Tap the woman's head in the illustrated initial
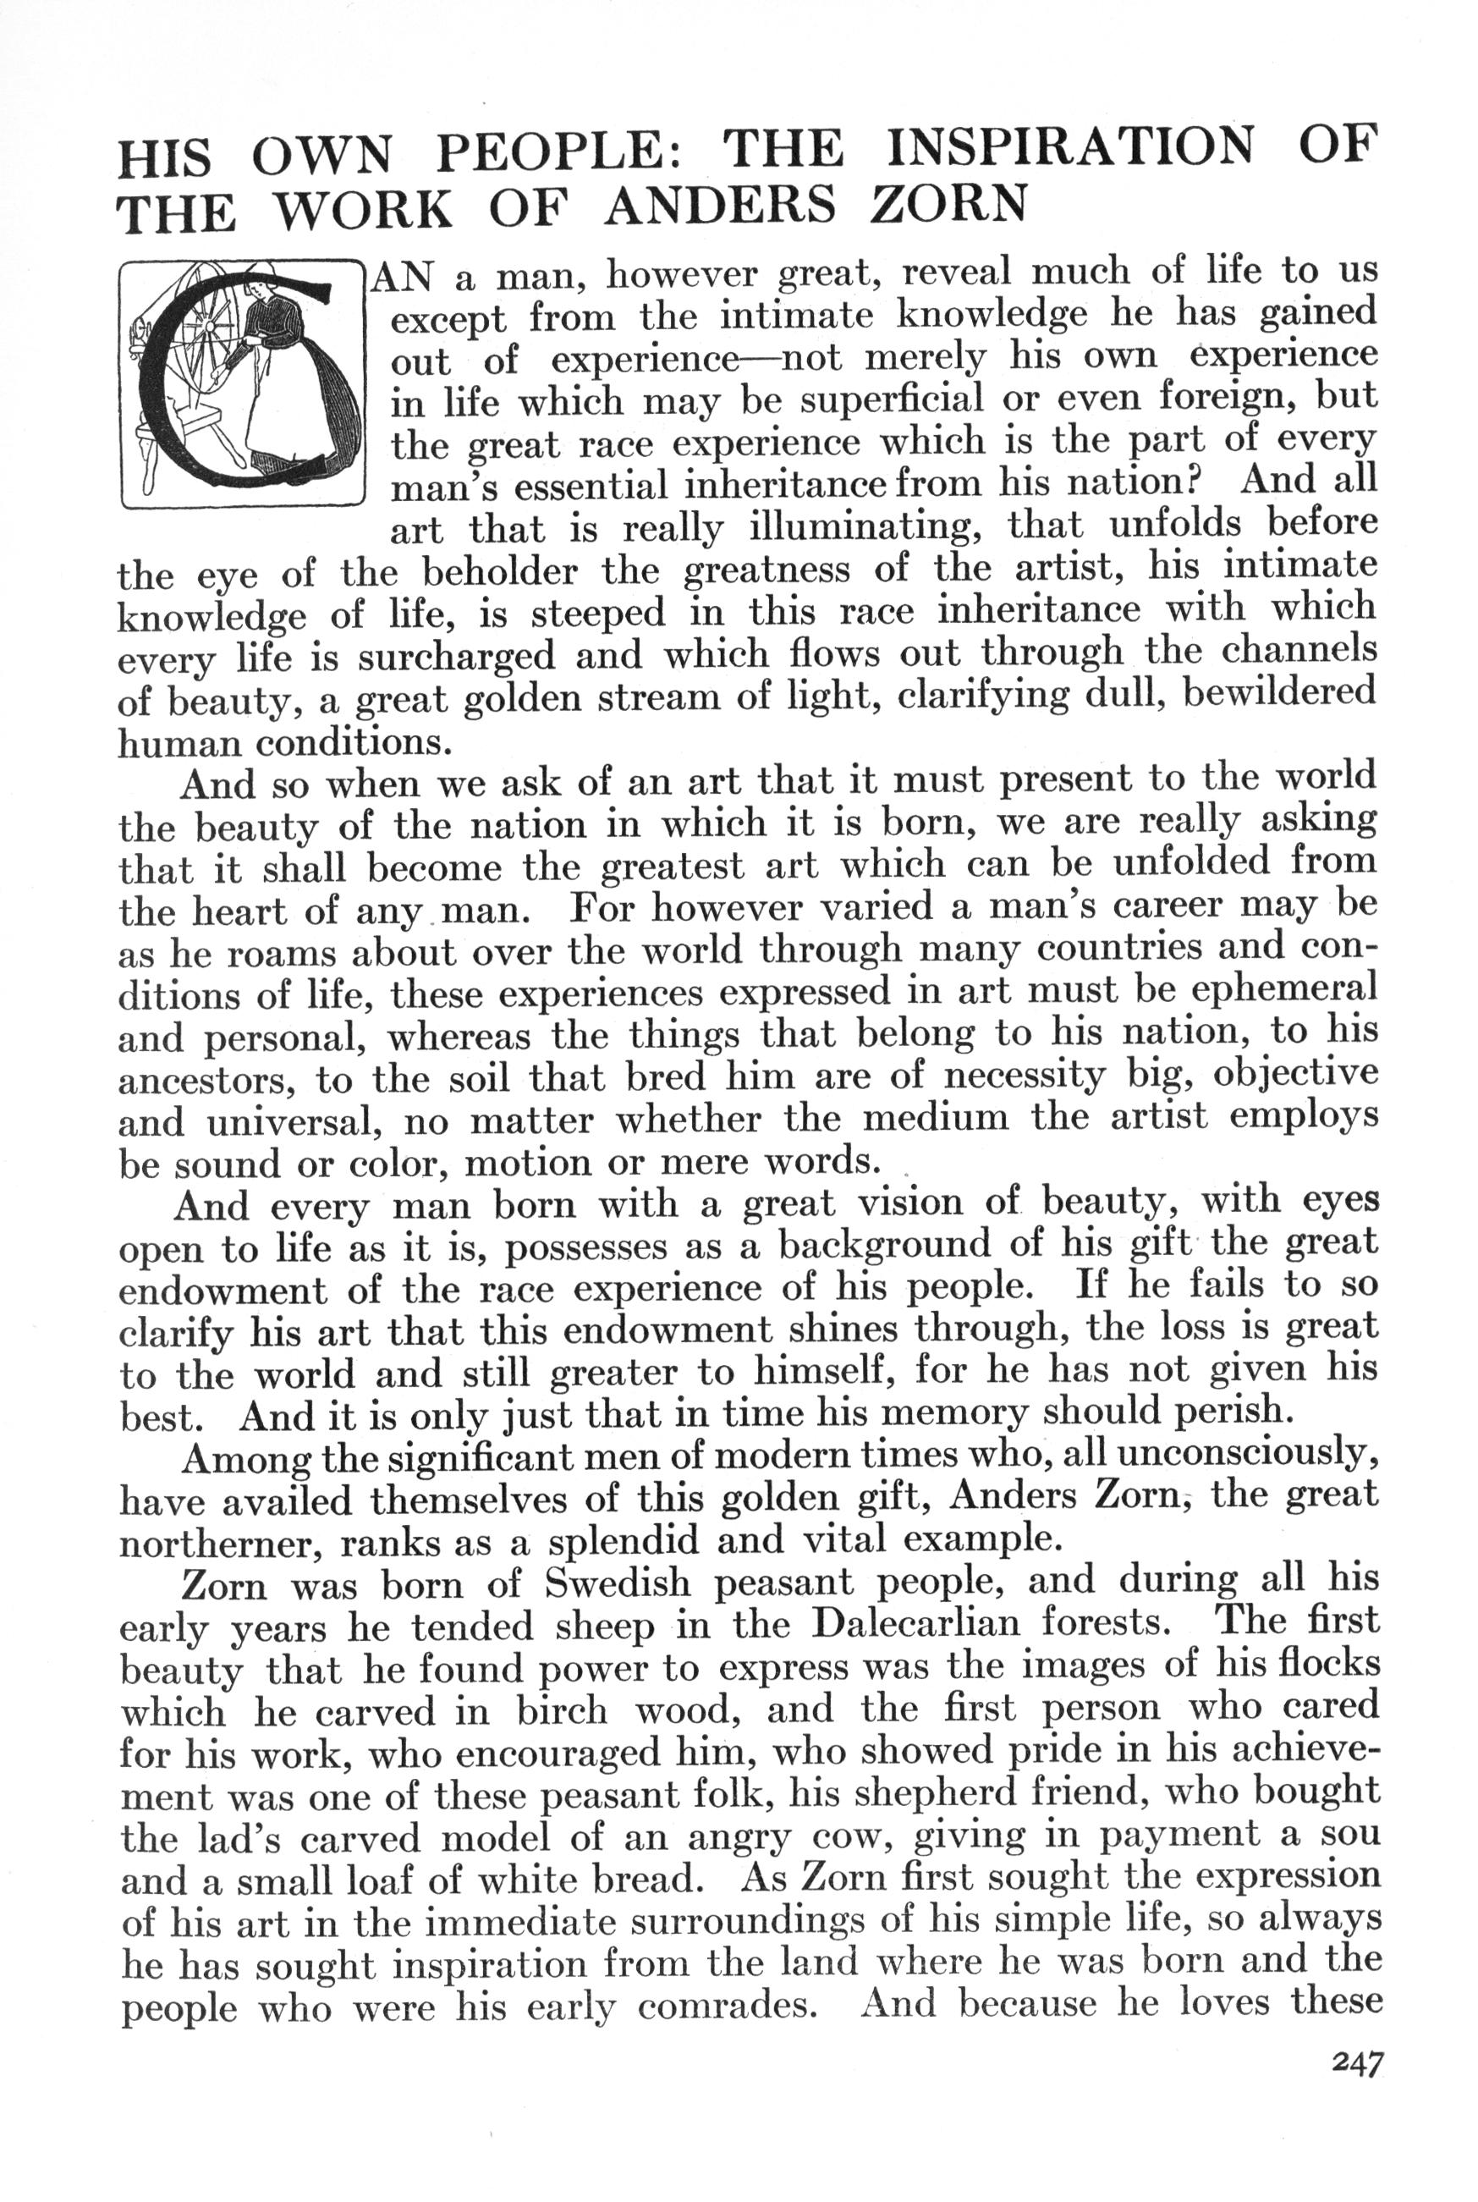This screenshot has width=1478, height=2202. click(256, 284)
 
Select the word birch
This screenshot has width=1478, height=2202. click(562, 1707)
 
